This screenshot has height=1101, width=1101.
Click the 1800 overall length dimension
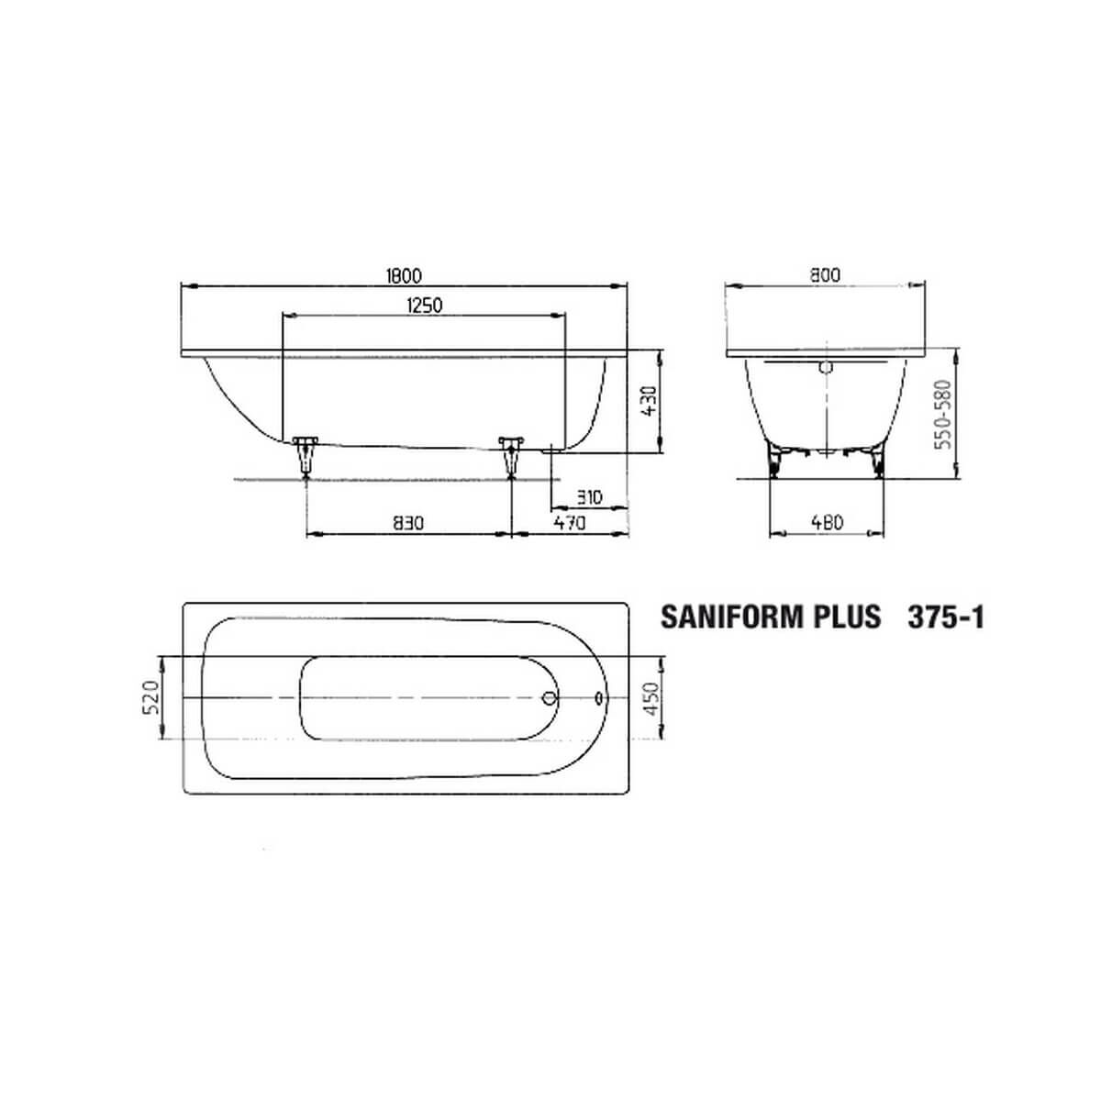coord(404,276)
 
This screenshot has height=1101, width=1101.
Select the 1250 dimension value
coord(425,306)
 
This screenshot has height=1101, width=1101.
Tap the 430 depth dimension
coord(650,402)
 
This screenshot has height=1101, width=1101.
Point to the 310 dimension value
coord(588,497)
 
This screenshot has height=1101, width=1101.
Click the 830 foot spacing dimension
coord(408,522)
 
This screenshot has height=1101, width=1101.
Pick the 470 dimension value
coord(570,522)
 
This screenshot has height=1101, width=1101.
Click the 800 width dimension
coord(825,275)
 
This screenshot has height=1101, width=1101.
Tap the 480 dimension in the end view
coord(827,522)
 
